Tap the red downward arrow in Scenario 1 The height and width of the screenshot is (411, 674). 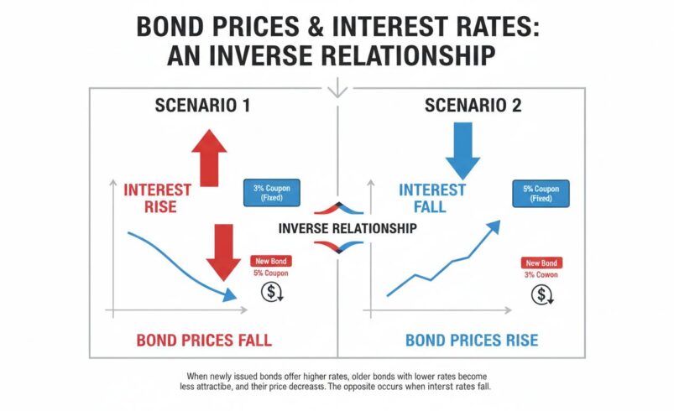click(224, 252)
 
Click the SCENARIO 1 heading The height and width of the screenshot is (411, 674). click(202, 107)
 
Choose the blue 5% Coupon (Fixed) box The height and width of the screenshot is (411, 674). click(541, 194)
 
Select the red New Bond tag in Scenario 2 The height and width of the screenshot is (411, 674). click(541, 262)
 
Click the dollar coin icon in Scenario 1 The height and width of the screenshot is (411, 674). click(272, 293)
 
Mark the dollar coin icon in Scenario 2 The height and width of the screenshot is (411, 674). click(542, 294)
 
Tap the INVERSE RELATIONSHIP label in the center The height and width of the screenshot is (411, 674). click(337, 228)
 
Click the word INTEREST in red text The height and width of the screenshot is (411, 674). click(158, 190)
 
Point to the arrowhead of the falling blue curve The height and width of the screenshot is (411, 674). click(229, 294)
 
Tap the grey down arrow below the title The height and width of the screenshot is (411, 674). click(337, 88)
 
